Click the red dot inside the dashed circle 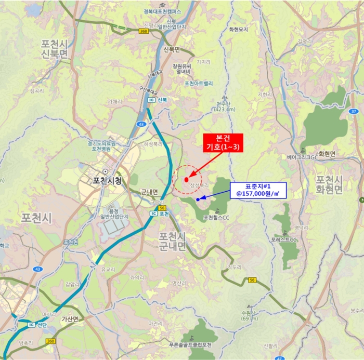click(186, 179)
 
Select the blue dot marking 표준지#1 click(198, 199)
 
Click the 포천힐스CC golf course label click(217, 217)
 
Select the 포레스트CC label click(283, 239)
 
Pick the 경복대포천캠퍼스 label click(162, 11)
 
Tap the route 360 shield click(50, 341)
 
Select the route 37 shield click(354, 111)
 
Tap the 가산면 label click(69, 319)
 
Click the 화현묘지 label click(238, 30)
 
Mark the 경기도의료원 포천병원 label click(102, 145)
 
